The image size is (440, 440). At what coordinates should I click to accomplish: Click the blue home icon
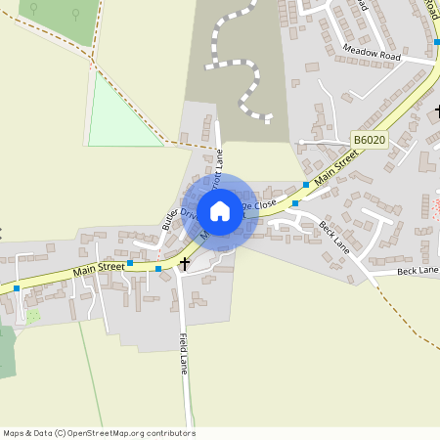point(220,210)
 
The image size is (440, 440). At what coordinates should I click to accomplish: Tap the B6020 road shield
point(369,141)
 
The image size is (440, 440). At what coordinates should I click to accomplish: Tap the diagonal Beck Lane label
point(333,235)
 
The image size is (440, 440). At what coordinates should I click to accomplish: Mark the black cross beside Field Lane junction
point(184,263)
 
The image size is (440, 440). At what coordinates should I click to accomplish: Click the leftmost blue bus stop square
point(17,288)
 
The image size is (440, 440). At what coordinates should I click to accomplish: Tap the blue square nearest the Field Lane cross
point(158,267)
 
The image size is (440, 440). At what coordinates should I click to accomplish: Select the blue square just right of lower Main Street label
point(129,262)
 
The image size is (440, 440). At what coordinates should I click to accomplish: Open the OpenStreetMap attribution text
point(99,433)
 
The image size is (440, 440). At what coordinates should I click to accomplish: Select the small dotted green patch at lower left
point(33,317)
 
